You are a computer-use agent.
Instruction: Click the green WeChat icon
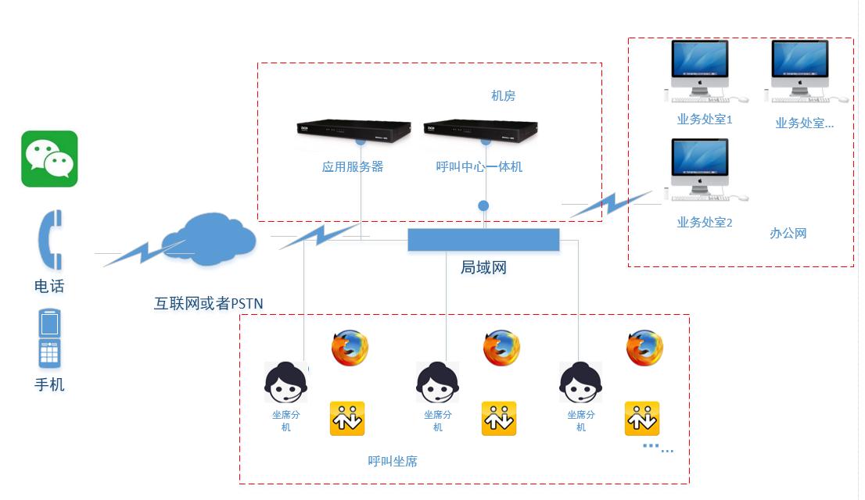point(49,159)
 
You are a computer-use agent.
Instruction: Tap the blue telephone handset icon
point(51,241)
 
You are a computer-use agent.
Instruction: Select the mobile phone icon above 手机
point(49,338)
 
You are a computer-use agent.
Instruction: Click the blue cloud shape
point(208,237)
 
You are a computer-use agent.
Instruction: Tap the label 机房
point(503,96)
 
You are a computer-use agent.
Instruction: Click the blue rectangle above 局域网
point(483,240)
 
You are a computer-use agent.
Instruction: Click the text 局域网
point(483,268)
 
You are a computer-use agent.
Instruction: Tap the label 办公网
point(788,234)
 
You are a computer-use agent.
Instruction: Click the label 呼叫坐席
point(393,462)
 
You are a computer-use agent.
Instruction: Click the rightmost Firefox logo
point(644,348)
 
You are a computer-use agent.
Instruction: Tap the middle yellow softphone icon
point(498,419)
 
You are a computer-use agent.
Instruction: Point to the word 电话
point(49,287)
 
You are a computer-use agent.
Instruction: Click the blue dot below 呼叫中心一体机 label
point(483,205)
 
